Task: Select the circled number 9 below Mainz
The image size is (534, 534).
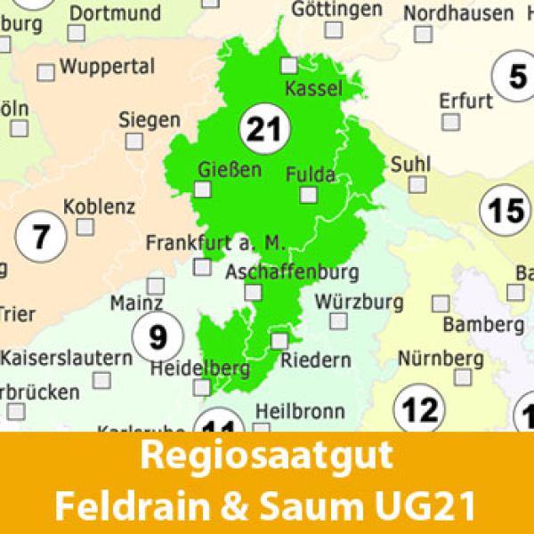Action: point(158,337)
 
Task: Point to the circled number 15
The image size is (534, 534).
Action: point(504,211)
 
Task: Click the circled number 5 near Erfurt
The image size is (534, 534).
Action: point(517,77)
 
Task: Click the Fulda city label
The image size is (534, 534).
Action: point(311,174)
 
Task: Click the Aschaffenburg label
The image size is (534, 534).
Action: point(293,271)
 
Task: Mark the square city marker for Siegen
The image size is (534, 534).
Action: point(133,141)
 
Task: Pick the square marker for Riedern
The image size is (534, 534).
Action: point(279,340)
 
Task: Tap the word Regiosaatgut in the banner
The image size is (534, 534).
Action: point(266,457)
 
